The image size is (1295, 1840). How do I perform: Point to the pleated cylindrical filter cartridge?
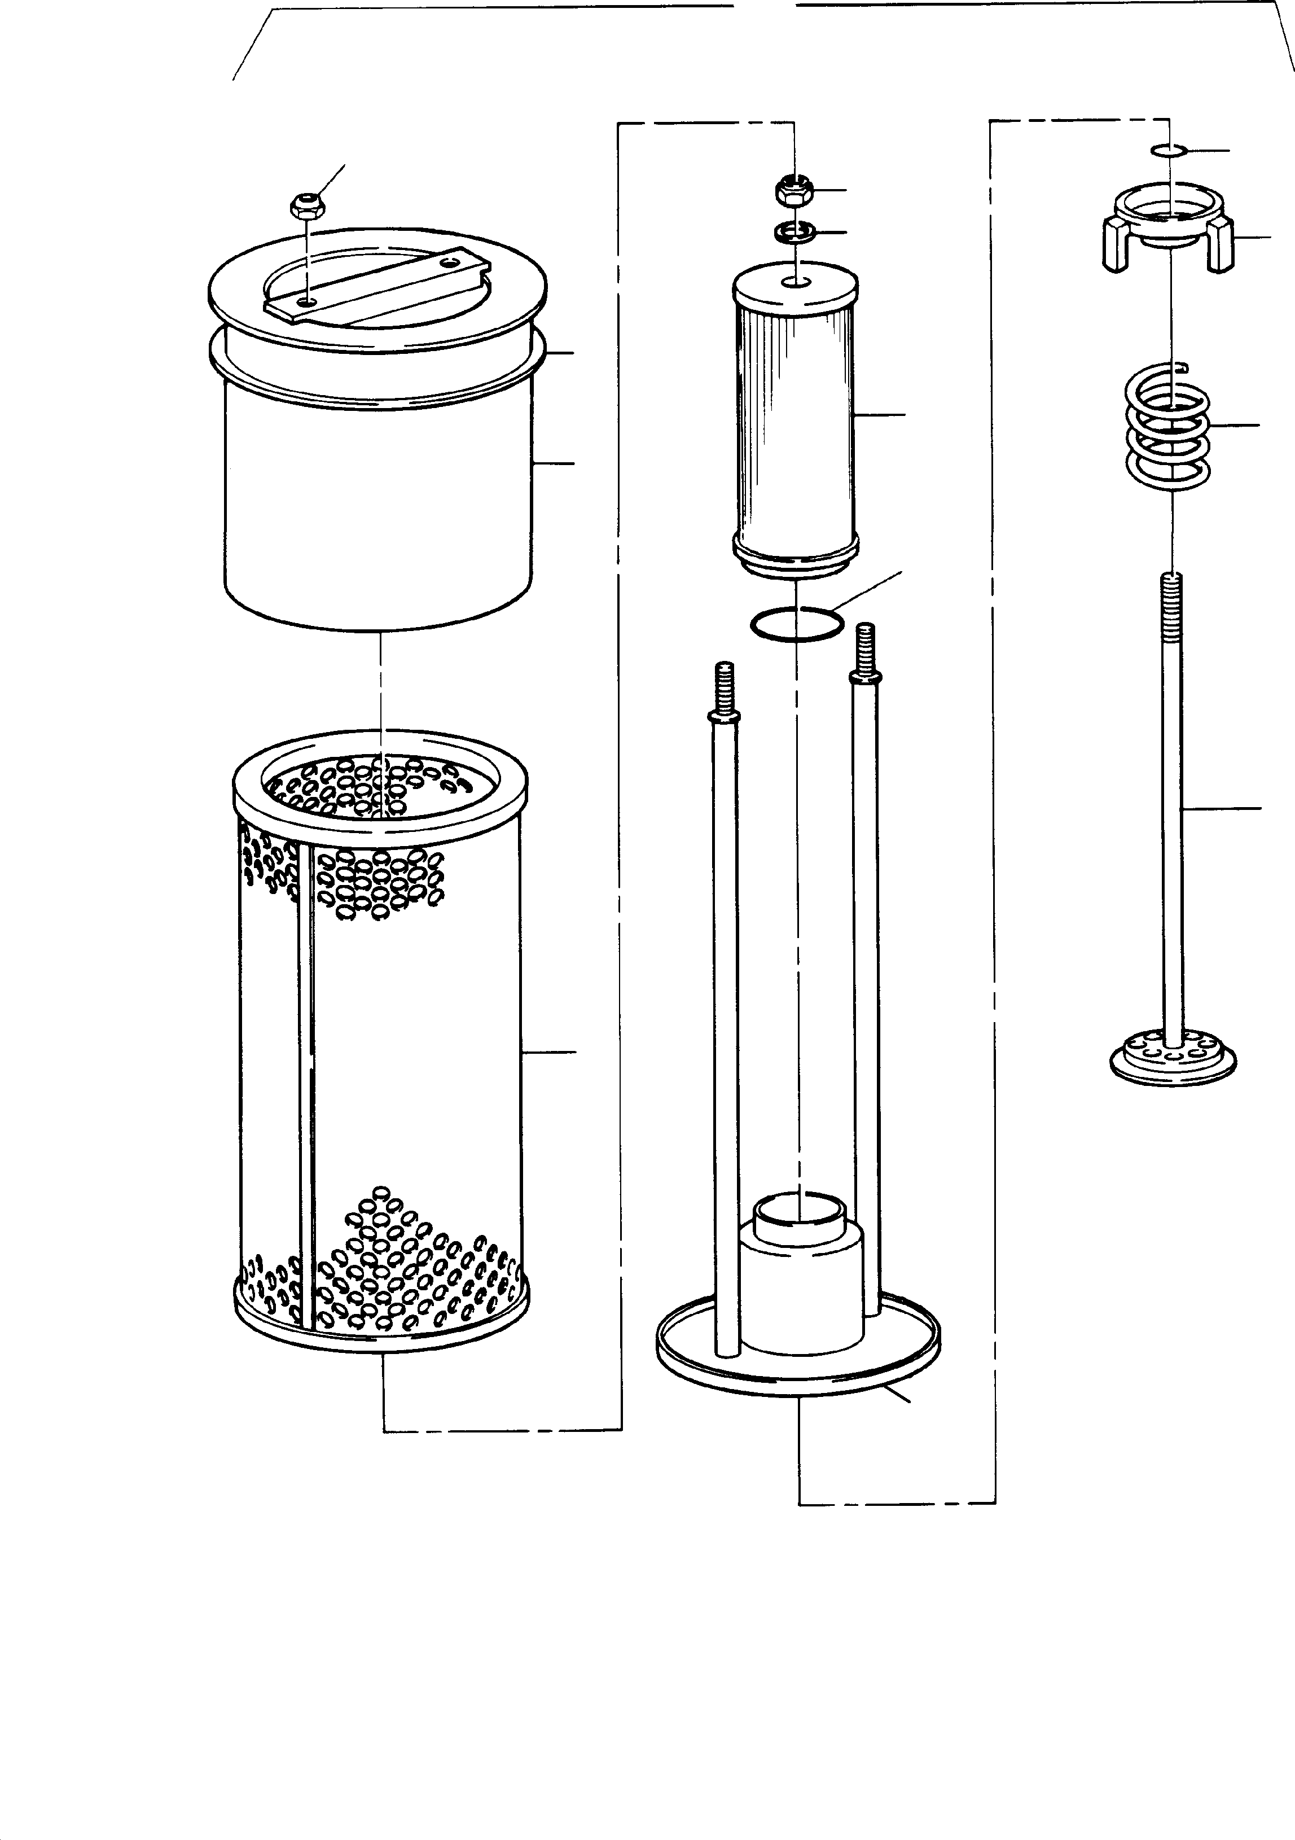795,417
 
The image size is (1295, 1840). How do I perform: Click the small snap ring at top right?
1169,150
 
